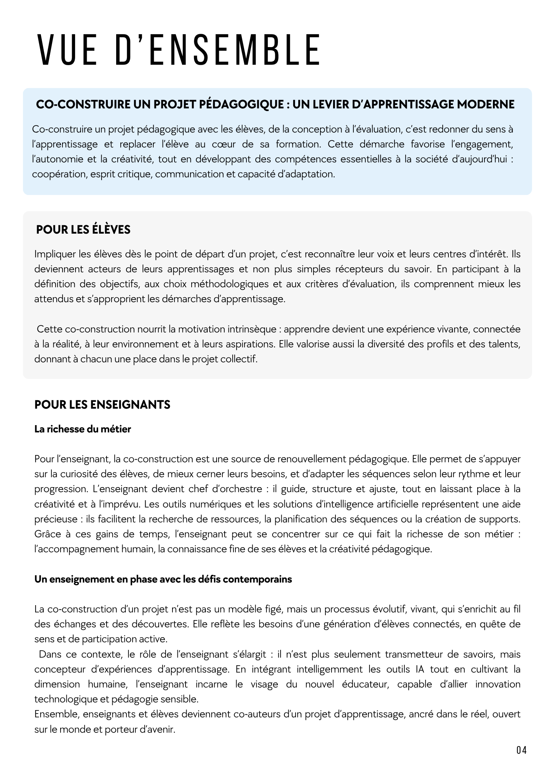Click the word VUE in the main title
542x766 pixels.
[x=67, y=50]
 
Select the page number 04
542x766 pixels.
[x=521, y=750]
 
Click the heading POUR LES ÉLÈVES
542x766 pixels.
[x=83, y=230]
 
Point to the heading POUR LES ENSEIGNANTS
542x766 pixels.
[x=102, y=405]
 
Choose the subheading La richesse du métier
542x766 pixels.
[x=82, y=429]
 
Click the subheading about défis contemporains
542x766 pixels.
[x=163, y=579]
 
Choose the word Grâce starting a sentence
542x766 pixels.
[x=46, y=534]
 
